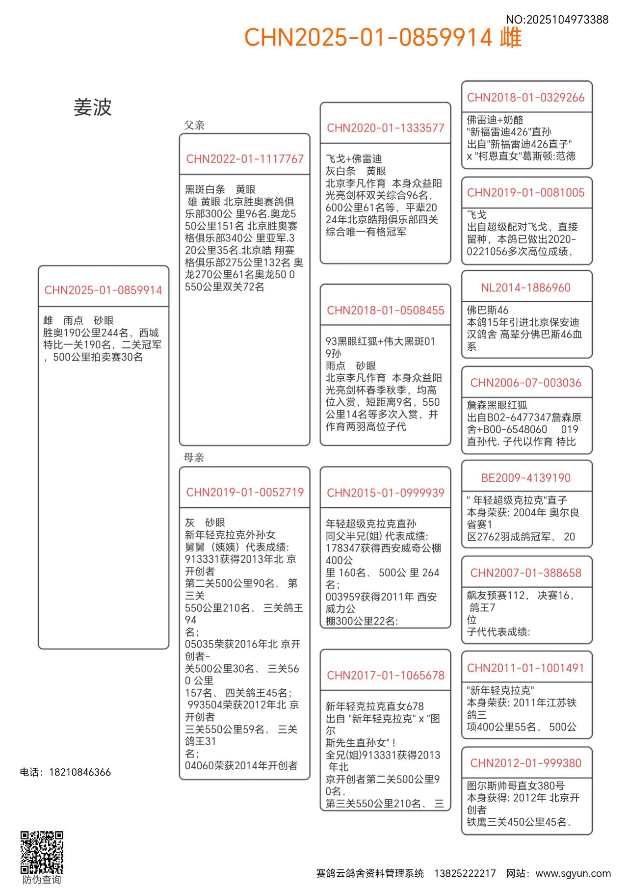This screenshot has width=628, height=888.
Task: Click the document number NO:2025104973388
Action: point(557,20)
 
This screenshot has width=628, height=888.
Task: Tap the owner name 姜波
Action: point(93,107)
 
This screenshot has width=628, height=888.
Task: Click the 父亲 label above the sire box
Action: point(194,125)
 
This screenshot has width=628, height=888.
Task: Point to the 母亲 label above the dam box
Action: point(194,458)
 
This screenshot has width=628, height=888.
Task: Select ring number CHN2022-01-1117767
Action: point(245,159)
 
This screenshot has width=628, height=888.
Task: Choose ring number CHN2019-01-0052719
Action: point(245,492)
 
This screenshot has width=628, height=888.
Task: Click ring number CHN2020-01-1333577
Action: point(386,128)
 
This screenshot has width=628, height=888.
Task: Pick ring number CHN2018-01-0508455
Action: point(386,311)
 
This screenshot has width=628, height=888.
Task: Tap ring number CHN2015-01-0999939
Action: point(386,493)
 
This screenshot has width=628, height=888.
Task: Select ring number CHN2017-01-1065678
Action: point(386,676)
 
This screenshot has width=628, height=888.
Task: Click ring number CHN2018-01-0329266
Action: point(526,98)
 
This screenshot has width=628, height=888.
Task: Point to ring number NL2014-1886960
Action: point(526,287)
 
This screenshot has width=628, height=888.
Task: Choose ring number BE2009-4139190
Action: point(526,478)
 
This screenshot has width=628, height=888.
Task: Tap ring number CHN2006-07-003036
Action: point(526,383)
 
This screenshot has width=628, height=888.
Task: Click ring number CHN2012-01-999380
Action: point(526,763)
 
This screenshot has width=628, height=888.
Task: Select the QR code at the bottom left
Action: point(42,852)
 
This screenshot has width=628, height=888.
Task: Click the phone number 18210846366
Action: point(80,772)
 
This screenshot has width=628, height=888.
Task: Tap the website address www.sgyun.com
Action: point(573,874)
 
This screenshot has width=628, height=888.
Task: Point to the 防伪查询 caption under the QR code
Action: point(42,880)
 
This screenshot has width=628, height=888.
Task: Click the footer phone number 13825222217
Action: point(465,874)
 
